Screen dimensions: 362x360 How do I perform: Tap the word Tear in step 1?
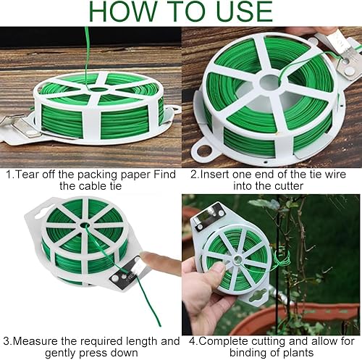click(28, 175)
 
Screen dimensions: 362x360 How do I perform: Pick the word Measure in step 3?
click(35, 341)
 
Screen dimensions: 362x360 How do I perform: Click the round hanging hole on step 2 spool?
click(204, 151)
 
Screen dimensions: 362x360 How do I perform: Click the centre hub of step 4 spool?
click(237, 260)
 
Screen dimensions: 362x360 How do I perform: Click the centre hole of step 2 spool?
click(270, 83)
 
